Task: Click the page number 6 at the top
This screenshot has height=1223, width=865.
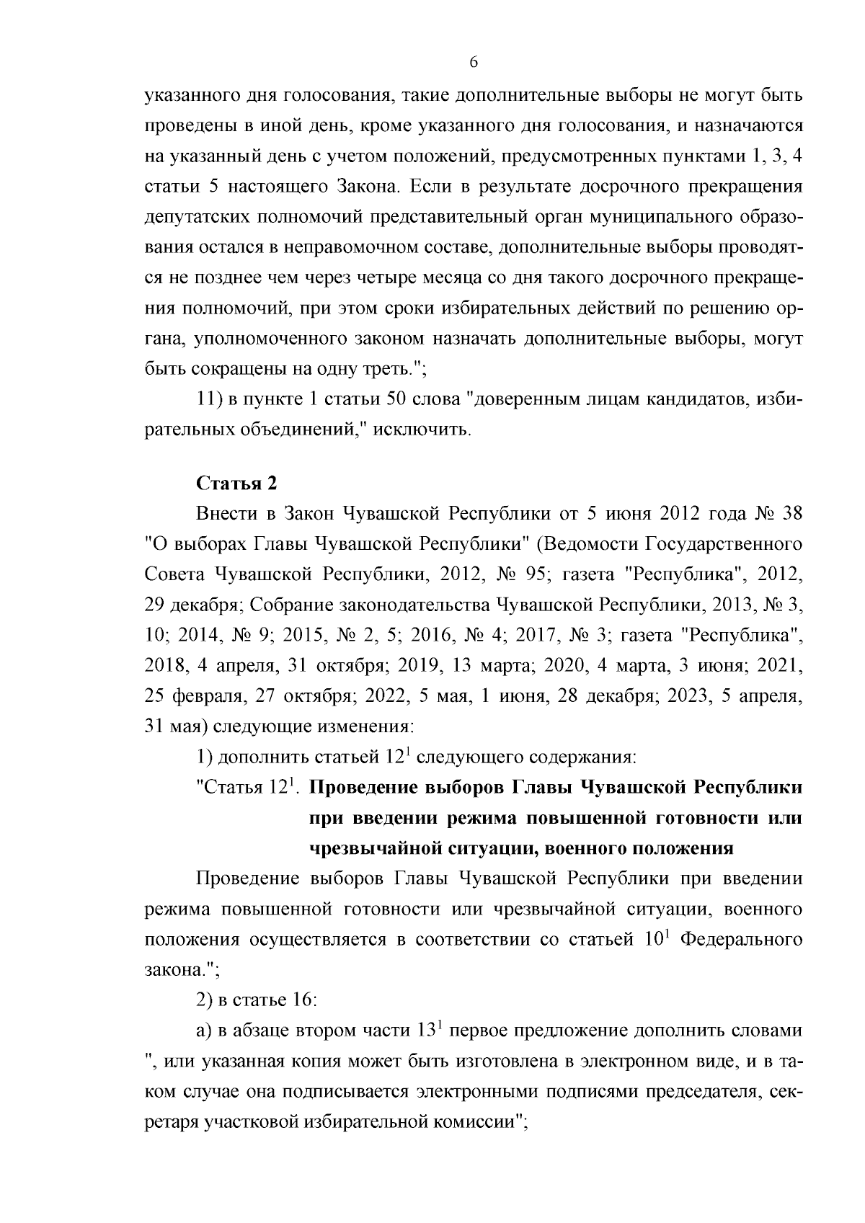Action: (474, 62)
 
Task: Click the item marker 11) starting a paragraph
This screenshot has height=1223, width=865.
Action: (210, 400)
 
